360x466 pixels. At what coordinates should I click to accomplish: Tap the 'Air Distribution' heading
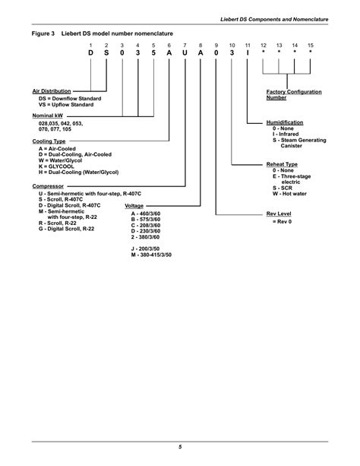tap(51, 91)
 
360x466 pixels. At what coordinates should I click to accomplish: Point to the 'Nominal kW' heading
tap(47, 116)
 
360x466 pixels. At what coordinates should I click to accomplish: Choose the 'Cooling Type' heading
tap(49, 141)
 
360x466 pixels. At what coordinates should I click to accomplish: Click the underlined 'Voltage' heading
tap(134, 206)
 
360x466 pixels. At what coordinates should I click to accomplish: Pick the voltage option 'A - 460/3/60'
tap(146, 214)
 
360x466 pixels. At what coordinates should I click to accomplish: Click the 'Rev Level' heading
tap(278, 214)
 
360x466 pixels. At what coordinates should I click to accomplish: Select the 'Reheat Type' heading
tap(282, 164)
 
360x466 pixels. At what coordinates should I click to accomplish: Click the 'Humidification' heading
tap(285, 122)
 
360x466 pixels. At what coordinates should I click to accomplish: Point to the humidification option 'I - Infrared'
tap(289, 135)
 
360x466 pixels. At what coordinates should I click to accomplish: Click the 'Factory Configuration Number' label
tap(293, 94)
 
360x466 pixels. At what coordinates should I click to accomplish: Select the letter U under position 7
tap(185, 54)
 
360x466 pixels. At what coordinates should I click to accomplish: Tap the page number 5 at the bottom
tap(180, 446)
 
